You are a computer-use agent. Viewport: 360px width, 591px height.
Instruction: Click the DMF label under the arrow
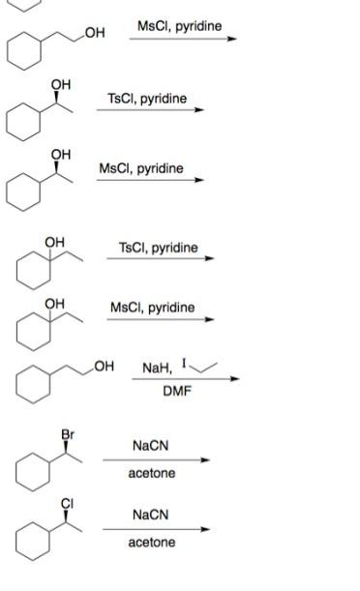coord(177,391)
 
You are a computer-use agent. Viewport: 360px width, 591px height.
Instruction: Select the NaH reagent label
coord(156,368)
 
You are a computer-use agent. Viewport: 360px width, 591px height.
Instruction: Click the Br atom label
coord(68,434)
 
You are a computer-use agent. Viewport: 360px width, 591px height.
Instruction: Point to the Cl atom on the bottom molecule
coord(68,503)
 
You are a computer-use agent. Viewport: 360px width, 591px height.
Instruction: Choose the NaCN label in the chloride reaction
coord(151,515)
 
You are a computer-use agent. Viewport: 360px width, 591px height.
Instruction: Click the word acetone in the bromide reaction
coord(151,474)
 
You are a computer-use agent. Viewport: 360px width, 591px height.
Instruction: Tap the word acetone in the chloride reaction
coord(151,543)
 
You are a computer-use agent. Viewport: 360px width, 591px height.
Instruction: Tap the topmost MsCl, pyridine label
coord(179,25)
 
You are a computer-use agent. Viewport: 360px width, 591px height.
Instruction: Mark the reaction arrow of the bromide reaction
coord(157,459)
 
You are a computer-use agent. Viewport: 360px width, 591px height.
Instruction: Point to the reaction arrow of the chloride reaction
coord(157,529)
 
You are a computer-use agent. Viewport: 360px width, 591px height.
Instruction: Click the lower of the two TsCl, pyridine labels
coord(158,248)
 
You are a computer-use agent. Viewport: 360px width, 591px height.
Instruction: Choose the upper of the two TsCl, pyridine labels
coord(147,99)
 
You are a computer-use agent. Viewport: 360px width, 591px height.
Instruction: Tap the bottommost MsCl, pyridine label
coord(152,308)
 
